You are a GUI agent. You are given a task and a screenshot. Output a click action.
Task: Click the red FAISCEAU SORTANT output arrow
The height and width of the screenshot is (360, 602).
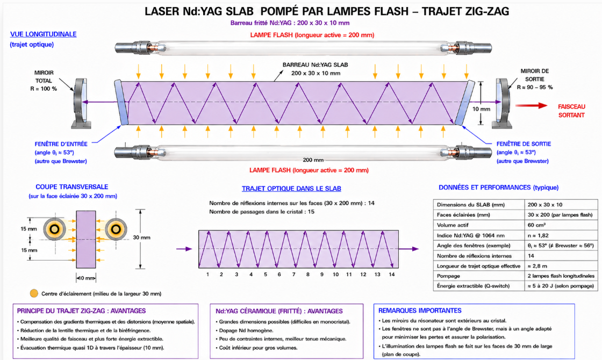tap(532, 105)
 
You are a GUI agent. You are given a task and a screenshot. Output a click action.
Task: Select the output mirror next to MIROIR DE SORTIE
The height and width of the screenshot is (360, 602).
tap(503, 103)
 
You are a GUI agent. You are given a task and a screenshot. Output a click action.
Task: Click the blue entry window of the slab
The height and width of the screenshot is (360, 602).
tap(121, 103)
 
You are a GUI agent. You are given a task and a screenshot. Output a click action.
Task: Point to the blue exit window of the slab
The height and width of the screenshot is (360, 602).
tap(464, 103)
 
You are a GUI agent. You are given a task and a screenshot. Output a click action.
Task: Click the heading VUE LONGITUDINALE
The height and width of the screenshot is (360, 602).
tap(44, 34)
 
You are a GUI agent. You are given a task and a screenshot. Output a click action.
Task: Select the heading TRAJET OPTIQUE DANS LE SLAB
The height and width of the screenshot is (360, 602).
tap(291, 189)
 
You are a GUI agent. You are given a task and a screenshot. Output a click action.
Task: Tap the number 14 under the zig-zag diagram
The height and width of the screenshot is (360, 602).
tap(392, 275)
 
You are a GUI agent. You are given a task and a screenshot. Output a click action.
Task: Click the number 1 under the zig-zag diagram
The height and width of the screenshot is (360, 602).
tap(207, 275)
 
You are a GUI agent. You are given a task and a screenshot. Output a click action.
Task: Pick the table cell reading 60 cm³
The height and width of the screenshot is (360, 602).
tap(536, 225)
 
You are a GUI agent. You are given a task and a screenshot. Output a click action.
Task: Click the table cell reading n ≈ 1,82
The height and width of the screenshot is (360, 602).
tap(538, 235)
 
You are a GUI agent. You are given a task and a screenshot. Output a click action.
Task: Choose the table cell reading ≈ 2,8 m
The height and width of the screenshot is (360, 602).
tap(537, 265)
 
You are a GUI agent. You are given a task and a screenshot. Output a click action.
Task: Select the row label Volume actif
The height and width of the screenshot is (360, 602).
tap(452, 225)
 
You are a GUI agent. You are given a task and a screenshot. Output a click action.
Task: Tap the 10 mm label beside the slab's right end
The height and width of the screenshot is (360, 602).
tap(481, 109)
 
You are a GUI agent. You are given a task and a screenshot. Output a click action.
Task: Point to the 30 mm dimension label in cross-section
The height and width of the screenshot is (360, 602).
tap(142, 237)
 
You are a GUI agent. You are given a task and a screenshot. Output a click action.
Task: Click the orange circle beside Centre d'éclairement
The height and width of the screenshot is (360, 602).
tap(34, 293)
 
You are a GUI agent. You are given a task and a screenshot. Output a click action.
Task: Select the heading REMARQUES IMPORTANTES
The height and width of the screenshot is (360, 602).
tap(420, 311)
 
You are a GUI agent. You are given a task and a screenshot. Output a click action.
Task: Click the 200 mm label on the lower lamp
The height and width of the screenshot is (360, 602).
tap(313, 160)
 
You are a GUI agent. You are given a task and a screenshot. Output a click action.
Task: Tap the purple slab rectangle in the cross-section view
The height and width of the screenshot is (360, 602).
tap(85, 240)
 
